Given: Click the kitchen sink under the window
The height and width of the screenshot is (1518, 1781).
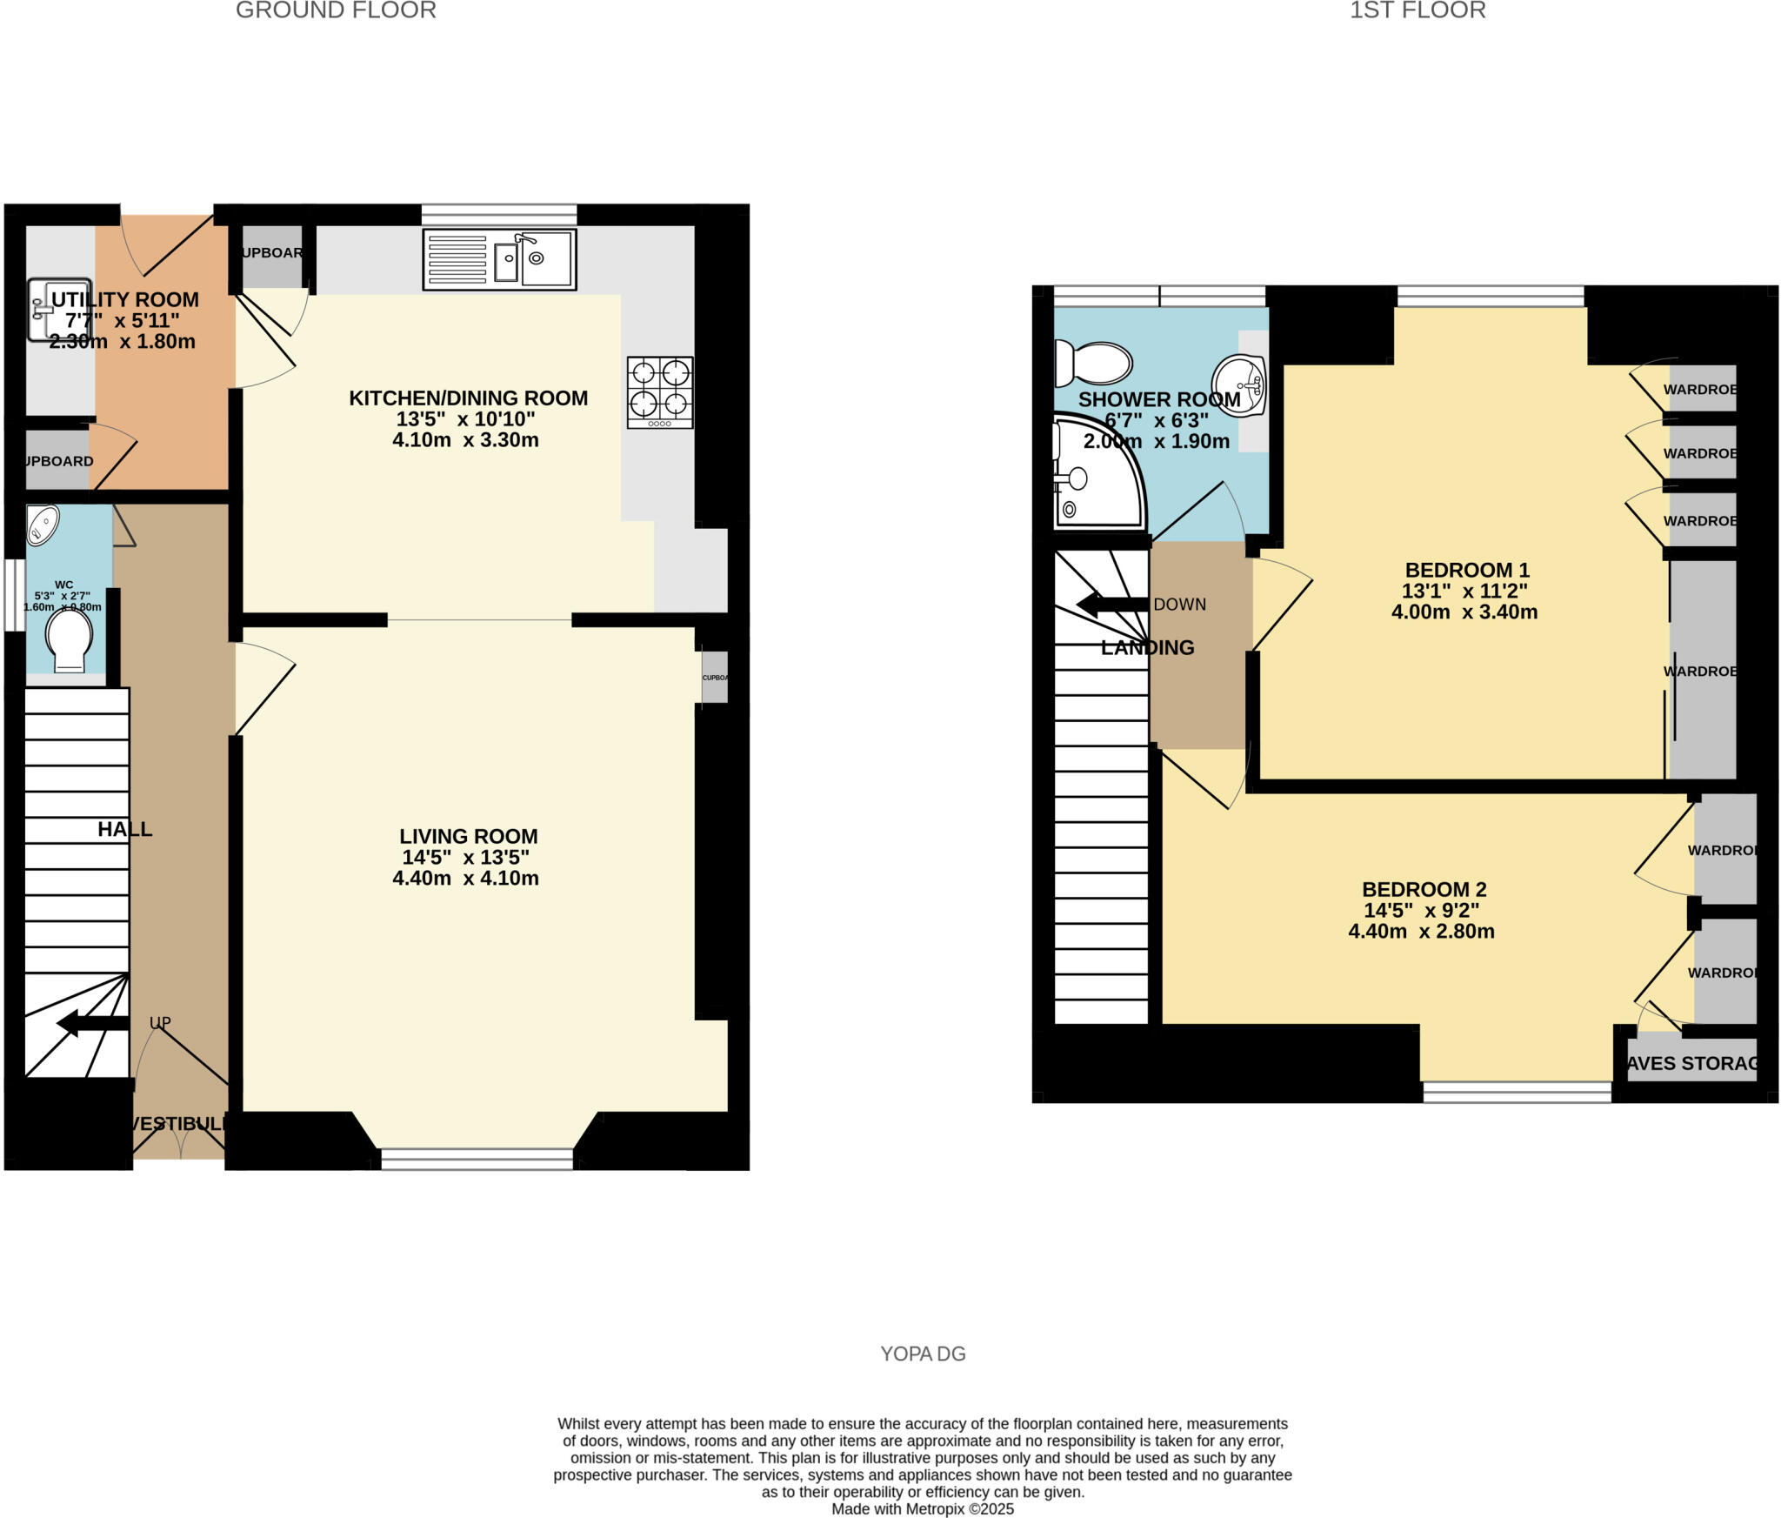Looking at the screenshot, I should coord(499,259).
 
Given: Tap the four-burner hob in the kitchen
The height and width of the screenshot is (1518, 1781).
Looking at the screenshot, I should coord(660,391).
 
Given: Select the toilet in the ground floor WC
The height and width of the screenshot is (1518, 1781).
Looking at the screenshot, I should coord(70,639).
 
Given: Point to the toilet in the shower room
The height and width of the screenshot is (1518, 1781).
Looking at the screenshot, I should coord(1093,363).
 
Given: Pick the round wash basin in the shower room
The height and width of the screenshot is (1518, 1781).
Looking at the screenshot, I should coord(1239,385).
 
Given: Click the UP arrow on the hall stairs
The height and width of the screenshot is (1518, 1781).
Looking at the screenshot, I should coord(92,1023).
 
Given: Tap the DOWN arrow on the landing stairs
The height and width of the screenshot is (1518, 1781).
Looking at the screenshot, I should coord(1112,605).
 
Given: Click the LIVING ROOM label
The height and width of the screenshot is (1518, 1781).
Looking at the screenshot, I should coord(468,836).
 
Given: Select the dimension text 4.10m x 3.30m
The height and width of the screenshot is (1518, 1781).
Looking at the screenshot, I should coord(465,440).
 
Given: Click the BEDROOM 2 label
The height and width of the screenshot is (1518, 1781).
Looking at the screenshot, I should coord(1424,889).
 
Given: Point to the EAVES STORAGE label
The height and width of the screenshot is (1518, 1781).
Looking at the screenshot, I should coord(1691,1063).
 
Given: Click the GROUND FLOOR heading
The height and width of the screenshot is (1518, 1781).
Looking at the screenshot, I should coord(336,10).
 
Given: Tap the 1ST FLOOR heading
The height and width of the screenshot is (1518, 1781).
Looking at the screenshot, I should coord(1417,10).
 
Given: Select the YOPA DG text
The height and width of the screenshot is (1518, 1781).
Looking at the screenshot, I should coord(923,1354).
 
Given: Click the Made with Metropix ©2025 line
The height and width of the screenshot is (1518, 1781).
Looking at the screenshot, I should coord(923,1509).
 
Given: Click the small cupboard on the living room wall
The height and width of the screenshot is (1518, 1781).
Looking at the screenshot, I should coord(715,678).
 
